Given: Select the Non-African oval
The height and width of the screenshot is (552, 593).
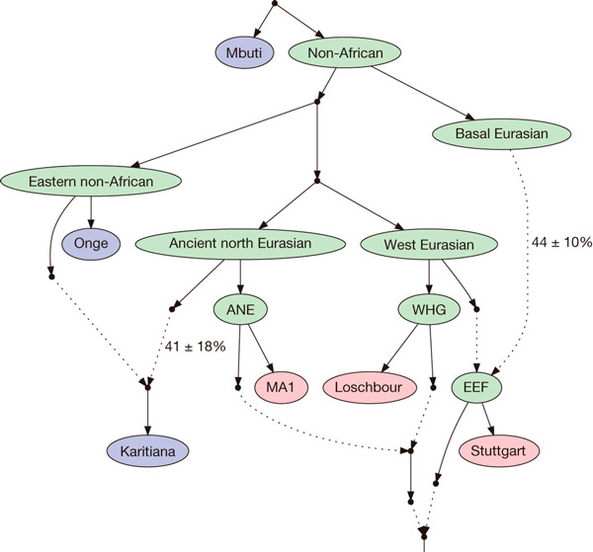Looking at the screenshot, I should (336, 51).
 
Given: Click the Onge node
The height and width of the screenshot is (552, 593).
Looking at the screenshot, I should (91, 242).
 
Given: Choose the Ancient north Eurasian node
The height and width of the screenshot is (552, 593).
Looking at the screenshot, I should (241, 243).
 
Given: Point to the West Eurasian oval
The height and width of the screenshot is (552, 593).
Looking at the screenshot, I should (428, 243).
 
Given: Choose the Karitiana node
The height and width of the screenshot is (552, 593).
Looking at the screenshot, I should (148, 452).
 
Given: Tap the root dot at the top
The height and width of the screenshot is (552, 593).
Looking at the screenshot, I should (273, 7).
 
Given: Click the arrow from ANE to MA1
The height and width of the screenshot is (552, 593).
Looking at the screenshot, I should (260, 348).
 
